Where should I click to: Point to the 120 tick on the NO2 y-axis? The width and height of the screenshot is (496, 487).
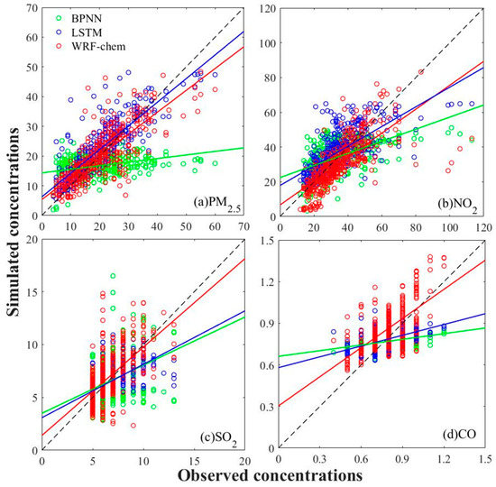[268, 9]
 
